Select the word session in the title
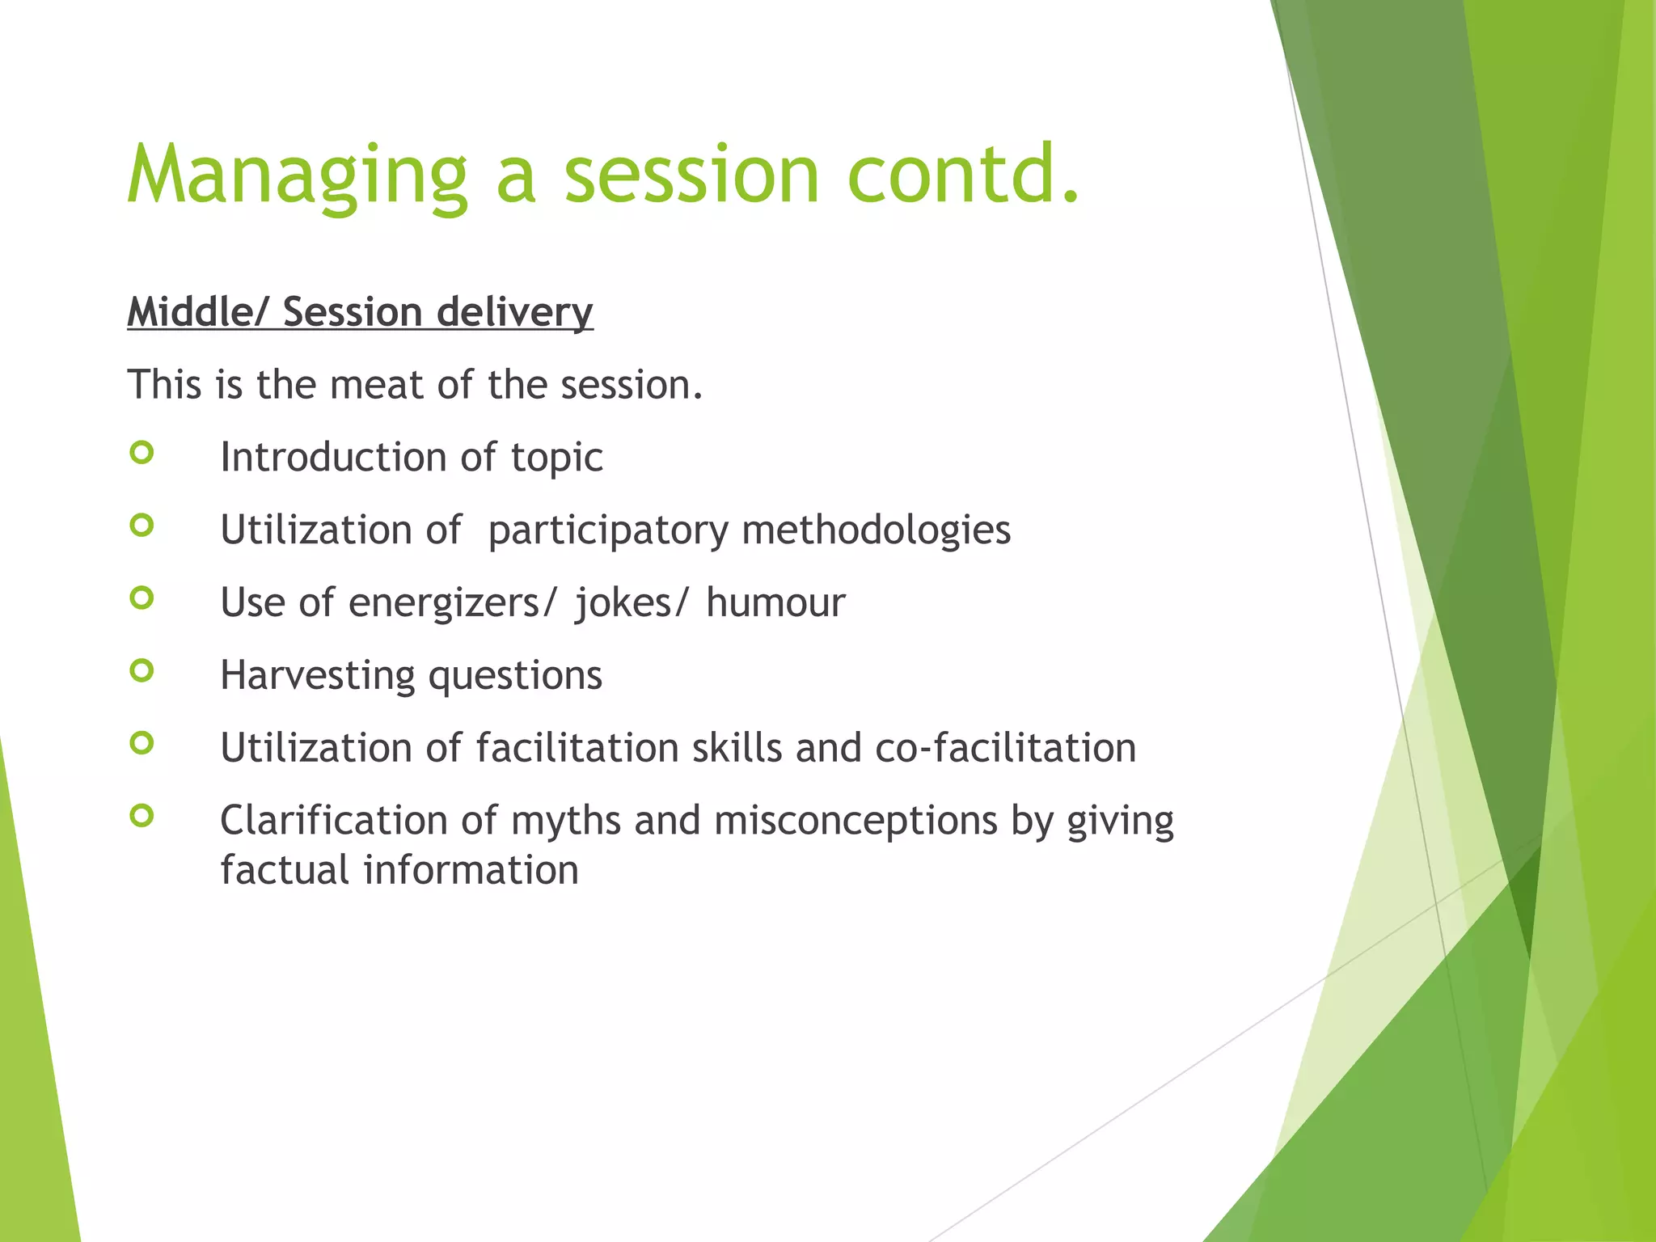[x=692, y=176]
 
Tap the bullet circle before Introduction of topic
[x=142, y=453]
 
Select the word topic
[x=556, y=458]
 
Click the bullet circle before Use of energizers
[x=142, y=598]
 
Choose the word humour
[x=775, y=603]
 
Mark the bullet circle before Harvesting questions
[x=142, y=670]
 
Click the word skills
[x=737, y=748]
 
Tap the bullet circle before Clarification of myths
[x=142, y=816]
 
